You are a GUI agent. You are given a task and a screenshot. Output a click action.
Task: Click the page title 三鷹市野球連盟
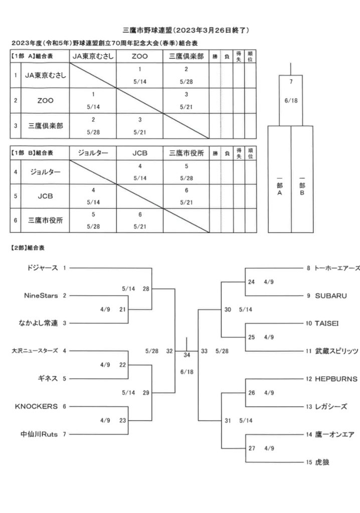147,31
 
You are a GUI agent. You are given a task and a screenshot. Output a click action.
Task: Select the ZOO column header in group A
139,56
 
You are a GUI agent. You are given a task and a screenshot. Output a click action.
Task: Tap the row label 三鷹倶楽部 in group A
45,126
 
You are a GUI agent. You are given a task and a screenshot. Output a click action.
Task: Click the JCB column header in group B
140,153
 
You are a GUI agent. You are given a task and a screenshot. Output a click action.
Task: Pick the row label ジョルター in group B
45,172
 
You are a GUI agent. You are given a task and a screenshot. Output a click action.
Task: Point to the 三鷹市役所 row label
45,220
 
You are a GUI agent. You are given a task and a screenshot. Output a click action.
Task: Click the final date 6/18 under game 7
291,101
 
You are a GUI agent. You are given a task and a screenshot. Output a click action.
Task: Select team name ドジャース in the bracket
42,268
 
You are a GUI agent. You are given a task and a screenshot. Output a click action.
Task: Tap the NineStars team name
41,296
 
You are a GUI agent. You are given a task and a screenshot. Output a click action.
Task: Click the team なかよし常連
38,323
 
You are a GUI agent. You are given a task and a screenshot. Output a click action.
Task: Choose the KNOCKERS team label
37,406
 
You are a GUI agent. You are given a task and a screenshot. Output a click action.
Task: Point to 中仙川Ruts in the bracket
39,434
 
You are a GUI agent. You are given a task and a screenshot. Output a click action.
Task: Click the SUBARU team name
330,296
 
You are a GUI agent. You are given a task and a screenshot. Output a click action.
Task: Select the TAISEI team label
326,324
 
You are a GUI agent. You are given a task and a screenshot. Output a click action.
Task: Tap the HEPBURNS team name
336,379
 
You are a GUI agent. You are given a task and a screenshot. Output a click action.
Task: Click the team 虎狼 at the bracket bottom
322,462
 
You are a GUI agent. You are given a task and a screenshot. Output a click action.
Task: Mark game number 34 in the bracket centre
187,355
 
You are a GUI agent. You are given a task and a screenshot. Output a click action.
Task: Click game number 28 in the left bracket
146,289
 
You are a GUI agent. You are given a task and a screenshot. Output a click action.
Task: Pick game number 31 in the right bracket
228,420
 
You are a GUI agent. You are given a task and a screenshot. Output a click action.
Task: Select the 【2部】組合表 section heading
28,248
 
